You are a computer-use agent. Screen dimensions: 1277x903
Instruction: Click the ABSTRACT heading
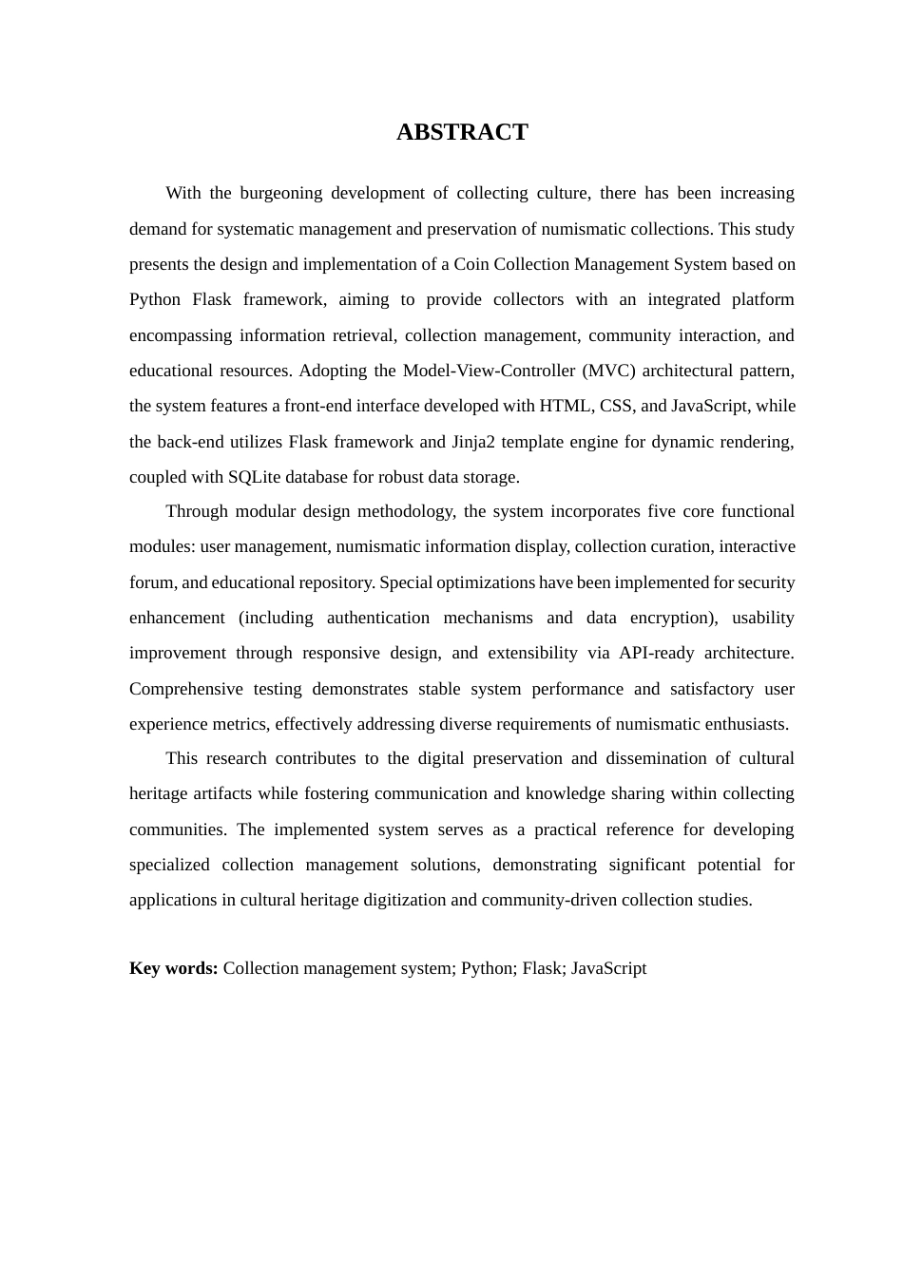(462, 132)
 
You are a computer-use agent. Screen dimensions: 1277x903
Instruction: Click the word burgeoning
(280, 193)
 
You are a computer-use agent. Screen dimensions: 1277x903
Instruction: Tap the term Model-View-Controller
(489, 371)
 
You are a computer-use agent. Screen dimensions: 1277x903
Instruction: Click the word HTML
(565, 406)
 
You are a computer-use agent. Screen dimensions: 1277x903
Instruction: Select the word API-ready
(656, 653)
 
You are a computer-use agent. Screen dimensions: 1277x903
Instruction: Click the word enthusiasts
(741, 724)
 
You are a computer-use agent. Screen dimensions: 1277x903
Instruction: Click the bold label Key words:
(174, 968)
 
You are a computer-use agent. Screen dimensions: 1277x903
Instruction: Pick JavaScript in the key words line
(608, 968)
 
